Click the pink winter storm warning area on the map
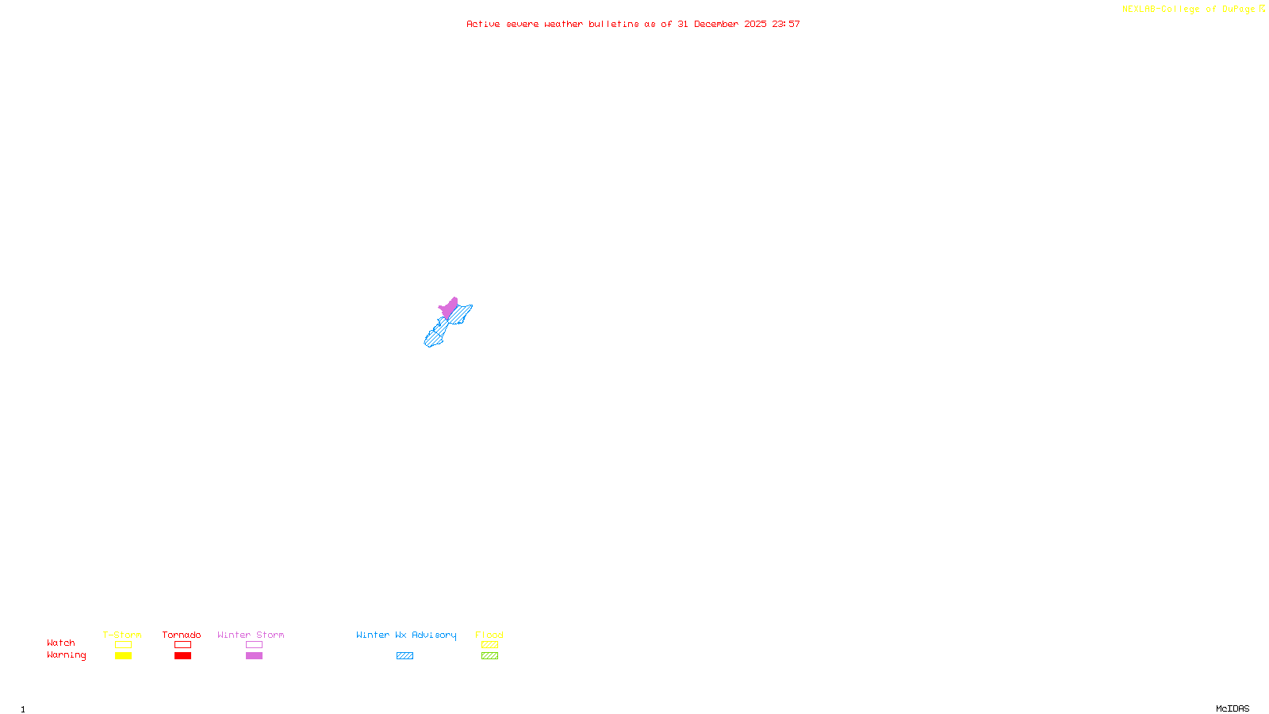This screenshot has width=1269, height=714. click(450, 307)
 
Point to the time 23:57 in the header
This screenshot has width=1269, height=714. click(786, 25)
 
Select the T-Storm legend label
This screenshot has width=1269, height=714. click(122, 635)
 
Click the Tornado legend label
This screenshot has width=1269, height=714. click(182, 635)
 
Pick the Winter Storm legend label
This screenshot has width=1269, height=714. click(251, 635)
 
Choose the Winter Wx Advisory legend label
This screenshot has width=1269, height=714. click(406, 635)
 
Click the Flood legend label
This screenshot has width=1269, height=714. click(489, 635)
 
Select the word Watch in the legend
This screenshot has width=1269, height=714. click(61, 643)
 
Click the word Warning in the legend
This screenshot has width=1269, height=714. click(66, 655)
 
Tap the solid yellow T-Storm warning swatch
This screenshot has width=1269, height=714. click(123, 656)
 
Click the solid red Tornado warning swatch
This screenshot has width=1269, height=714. click(182, 656)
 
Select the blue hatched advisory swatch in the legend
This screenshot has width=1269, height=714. click(404, 656)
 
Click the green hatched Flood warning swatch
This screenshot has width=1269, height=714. click(489, 656)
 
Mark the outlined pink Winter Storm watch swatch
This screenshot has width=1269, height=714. click(254, 645)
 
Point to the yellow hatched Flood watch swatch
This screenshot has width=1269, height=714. click(489, 645)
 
